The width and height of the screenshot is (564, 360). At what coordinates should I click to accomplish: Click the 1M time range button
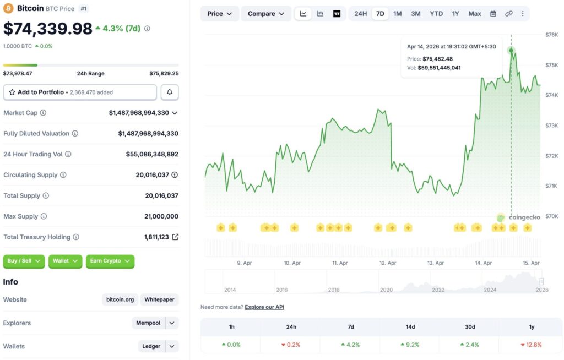(x=398, y=14)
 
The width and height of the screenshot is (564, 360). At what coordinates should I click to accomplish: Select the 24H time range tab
(x=361, y=14)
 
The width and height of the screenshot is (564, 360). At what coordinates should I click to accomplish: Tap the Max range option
(x=474, y=14)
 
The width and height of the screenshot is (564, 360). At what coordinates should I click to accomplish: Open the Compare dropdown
(x=266, y=14)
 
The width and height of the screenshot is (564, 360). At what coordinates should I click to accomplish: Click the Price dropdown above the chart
(x=219, y=14)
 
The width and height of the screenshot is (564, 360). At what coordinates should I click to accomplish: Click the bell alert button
(x=170, y=92)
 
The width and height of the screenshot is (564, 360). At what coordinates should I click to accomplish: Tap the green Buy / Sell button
(x=24, y=261)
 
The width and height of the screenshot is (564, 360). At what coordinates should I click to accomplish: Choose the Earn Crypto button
(x=110, y=261)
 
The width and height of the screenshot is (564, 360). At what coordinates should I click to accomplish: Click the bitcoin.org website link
(x=120, y=300)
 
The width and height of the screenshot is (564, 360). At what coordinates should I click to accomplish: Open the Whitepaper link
(x=159, y=300)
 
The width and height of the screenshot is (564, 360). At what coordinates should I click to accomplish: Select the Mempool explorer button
(x=148, y=323)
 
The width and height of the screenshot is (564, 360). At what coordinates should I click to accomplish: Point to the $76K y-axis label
(x=551, y=35)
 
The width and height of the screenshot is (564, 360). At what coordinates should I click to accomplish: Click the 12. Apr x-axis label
(x=388, y=263)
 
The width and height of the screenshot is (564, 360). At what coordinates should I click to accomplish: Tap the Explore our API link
(x=264, y=307)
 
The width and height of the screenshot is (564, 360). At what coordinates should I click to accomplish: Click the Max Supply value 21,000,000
(x=161, y=216)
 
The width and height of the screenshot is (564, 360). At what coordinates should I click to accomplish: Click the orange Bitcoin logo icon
(x=8, y=8)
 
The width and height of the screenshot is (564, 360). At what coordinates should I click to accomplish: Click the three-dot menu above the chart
(x=523, y=14)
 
